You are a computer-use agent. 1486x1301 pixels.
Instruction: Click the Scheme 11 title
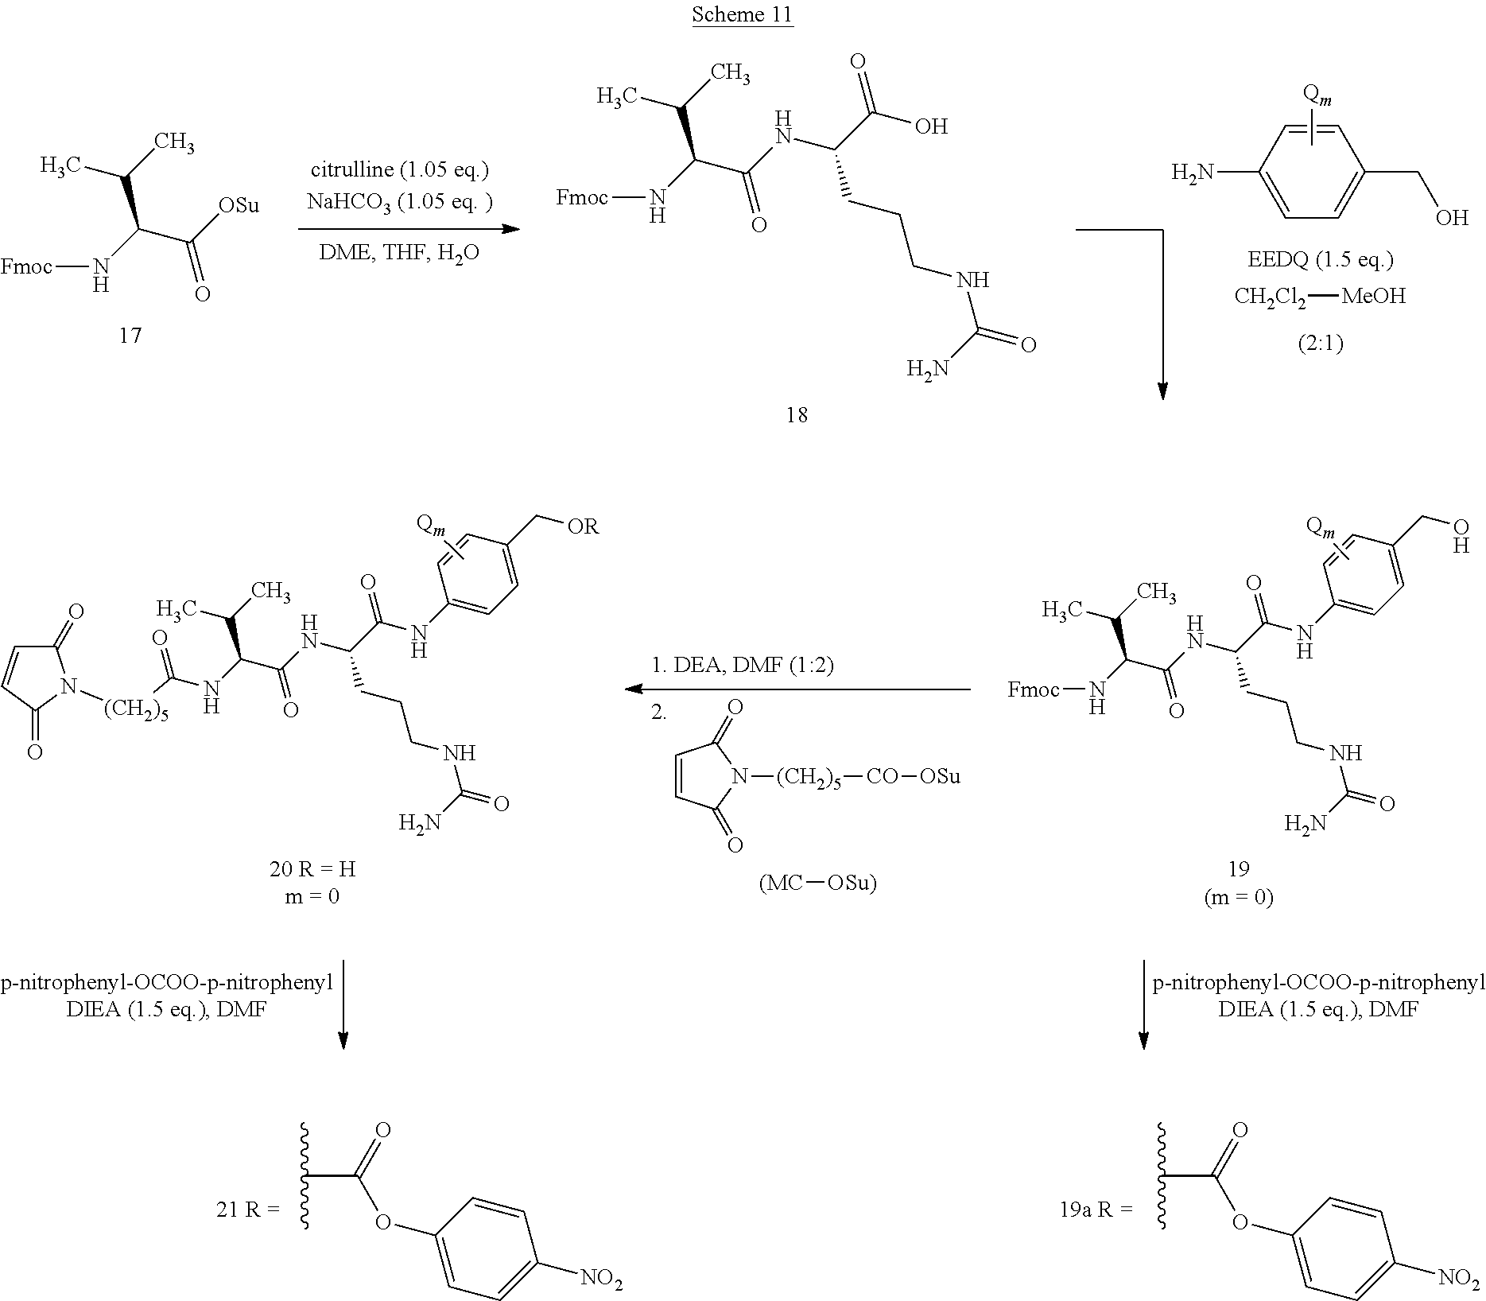pyautogui.click(x=743, y=14)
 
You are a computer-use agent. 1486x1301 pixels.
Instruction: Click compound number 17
pyautogui.click(x=130, y=336)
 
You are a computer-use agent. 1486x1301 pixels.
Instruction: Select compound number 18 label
pyautogui.click(x=797, y=414)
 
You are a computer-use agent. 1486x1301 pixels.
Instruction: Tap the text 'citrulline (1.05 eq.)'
pyautogui.click(x=399, y=169)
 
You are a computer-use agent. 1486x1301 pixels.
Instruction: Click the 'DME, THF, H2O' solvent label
pyautogui.click(x=399, y=254)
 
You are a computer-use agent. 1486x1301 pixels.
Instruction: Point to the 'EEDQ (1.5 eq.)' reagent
pyautogui.click(x=1320, y=259)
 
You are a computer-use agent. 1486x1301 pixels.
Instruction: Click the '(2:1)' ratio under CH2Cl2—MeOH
pyautogui.click(x=1321, y=343)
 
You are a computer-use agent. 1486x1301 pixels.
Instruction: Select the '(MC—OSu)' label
pyautogui.click(x=817, y=883)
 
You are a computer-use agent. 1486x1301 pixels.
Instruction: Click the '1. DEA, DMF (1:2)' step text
pyautogui.click(x=742, y=665)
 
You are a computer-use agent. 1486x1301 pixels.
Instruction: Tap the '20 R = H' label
pyautogui.click(x=312, y=869)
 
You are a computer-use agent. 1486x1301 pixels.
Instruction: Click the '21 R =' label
pyautogui.click(x=248, y=1210)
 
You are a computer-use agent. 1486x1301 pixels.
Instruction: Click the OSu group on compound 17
pyautogui.click(x=239, y=206)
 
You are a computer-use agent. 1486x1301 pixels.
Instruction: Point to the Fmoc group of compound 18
pyautogui.click(x=582, y=196)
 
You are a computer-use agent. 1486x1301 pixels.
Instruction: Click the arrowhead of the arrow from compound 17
pyautogui.click(x=510, y=229)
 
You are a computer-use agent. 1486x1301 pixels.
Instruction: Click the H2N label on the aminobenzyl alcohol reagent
pyautogui.click(x=1194, y=172)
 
